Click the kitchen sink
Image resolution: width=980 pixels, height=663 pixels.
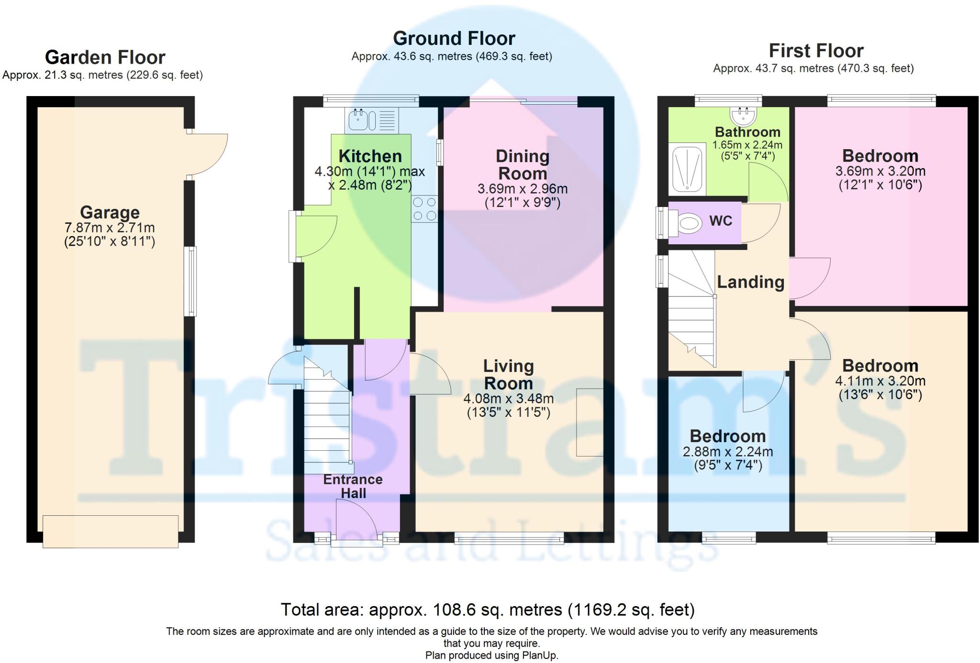(x=371, y=120)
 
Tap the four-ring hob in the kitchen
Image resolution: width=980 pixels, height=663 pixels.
(x=424, y=209)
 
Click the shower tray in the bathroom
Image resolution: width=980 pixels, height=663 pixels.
(x=687, y=169)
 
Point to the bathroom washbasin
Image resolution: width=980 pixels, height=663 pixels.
(x=742, y=114)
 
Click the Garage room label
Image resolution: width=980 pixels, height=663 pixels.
(x=110, y=212)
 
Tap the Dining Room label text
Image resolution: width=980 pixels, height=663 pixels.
(x=523, y=164)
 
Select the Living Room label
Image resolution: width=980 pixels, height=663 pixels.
(x=508, y=374)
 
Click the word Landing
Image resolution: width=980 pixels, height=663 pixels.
(x=750, y=282)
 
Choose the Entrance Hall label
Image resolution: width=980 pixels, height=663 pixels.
(x=353, y=486)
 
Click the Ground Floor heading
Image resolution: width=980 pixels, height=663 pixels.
(x=454, y=38)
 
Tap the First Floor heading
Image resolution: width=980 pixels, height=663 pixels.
(x=816, y=50)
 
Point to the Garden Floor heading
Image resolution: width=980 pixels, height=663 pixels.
(x=105, y=57)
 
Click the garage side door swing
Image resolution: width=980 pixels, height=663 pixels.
(x=207, y=154)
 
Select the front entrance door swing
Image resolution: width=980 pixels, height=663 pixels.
(x=356, y=520)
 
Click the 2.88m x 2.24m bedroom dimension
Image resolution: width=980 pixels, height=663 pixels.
(x=728, y=451)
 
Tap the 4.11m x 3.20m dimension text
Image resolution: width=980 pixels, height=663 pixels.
(x=880, y=381)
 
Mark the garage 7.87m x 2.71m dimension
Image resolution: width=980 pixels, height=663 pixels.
(x=110, y=228)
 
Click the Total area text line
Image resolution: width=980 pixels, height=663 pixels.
(x=488, y=609)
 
